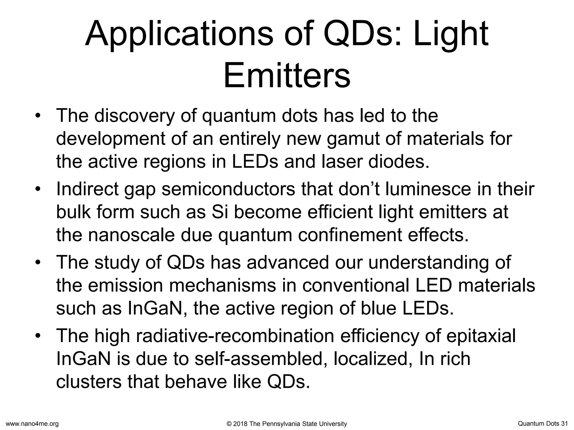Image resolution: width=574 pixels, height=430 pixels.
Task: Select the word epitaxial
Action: pos(481,336)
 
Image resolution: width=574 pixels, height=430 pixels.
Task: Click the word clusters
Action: pos(89,382)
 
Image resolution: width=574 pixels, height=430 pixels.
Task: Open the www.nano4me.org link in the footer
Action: pos(32,424)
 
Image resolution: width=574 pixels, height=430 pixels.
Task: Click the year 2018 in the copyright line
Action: pos(240,424)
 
